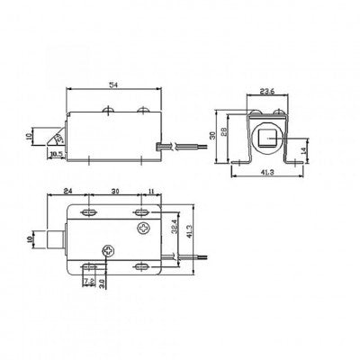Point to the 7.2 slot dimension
coord(87,281)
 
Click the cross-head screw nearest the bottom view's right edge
coord(144,229)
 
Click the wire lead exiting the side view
coord(171,145)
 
